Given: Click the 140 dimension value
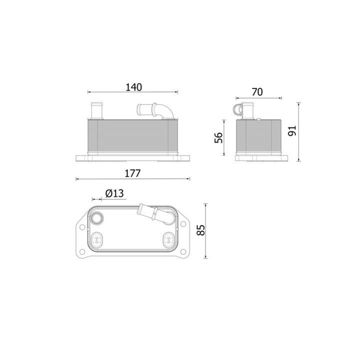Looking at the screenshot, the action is (134, 87).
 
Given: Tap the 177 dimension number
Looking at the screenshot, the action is (132, 173).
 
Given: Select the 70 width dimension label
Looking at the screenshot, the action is (257, 92).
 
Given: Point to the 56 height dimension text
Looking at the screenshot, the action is (218, 137).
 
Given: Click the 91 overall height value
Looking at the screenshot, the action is (292, 130).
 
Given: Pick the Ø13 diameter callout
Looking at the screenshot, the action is (114, 193).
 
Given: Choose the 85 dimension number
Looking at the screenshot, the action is (201, 230).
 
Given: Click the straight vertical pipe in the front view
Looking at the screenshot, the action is (97, 111).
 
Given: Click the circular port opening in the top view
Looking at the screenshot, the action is (96, 217).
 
